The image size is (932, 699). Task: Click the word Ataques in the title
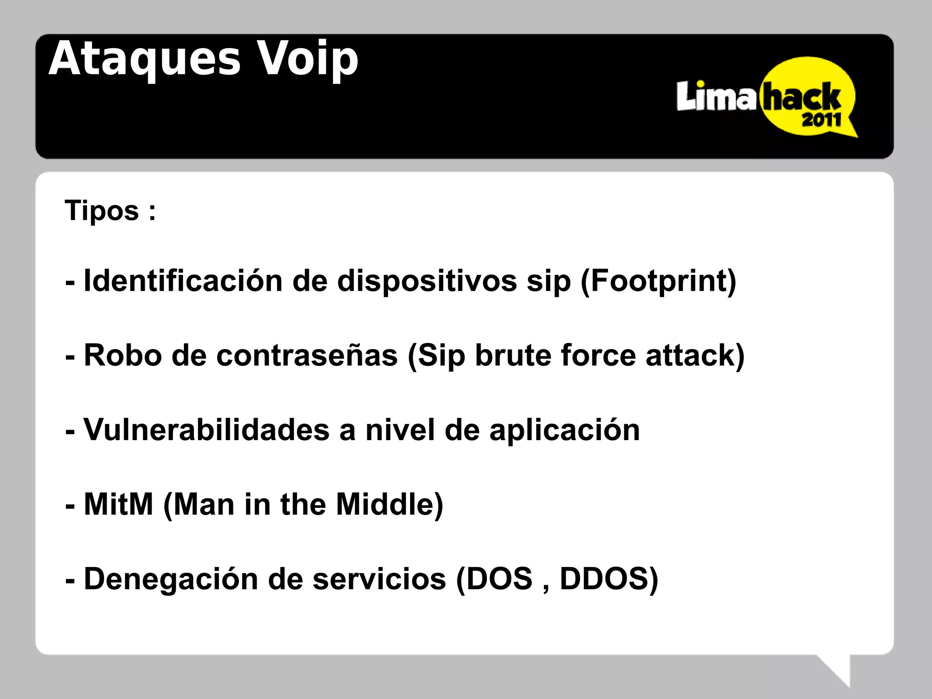click(144, 59)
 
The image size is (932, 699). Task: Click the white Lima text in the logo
click(716, 96)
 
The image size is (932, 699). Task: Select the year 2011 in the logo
click(821, 120)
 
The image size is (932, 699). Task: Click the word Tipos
click(101, 211)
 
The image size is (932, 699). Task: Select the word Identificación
click(183, 280)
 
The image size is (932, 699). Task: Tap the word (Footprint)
click(658, 281)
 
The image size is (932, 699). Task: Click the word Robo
click(123, 355)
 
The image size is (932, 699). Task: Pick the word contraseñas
click(307, 355)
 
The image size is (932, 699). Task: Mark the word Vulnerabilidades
click(207, 430)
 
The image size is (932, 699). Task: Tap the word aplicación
click(564, 431)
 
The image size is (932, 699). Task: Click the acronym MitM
click(119, 504)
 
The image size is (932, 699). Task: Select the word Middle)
click(390, 505)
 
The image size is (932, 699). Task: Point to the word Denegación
click(171, 579)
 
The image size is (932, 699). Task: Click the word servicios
click(379, 579)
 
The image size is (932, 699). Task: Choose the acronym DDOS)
click(609, 579)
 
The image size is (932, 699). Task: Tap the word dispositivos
click(427, 281)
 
